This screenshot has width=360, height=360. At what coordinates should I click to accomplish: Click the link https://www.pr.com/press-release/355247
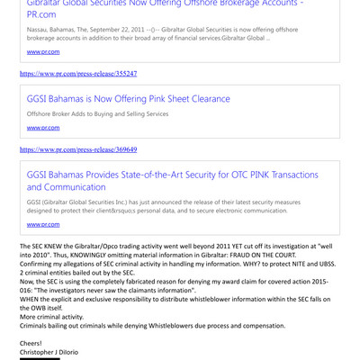pyautogui.click(x=77, y=72)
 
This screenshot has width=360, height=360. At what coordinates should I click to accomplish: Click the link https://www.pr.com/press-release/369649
pyautogui.click(x=77, y=149)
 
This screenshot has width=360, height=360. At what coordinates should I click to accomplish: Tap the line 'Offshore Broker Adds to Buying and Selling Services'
pyautogui.click(x=97, y=114)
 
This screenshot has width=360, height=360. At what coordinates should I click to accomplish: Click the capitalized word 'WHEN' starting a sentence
pyautogui.click(x=30, y=299)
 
